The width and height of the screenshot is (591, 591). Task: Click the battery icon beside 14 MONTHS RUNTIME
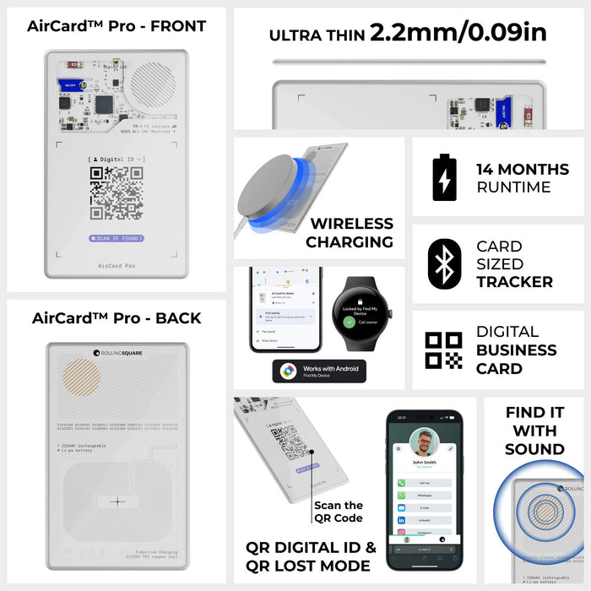click(x=444, y=177)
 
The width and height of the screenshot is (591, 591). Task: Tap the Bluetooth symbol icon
click(x=444, y=263)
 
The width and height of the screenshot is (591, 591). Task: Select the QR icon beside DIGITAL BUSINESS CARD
click(x=444, y=350)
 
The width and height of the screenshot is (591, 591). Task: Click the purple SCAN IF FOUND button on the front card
click(x=117, y=238)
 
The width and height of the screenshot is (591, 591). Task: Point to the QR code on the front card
click(x=117, y=192)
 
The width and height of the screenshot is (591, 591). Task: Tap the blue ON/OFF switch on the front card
click(x=69, y=84)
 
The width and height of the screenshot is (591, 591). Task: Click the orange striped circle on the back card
click(x=81, y=377)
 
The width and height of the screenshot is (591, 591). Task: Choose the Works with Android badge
click(x=319, y=371)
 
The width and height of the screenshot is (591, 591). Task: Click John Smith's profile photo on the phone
click(x=425, y=442)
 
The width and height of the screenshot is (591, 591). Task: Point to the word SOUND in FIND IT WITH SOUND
click(x=534, y=449)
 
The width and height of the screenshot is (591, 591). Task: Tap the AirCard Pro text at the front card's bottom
click(x=117, y=265)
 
